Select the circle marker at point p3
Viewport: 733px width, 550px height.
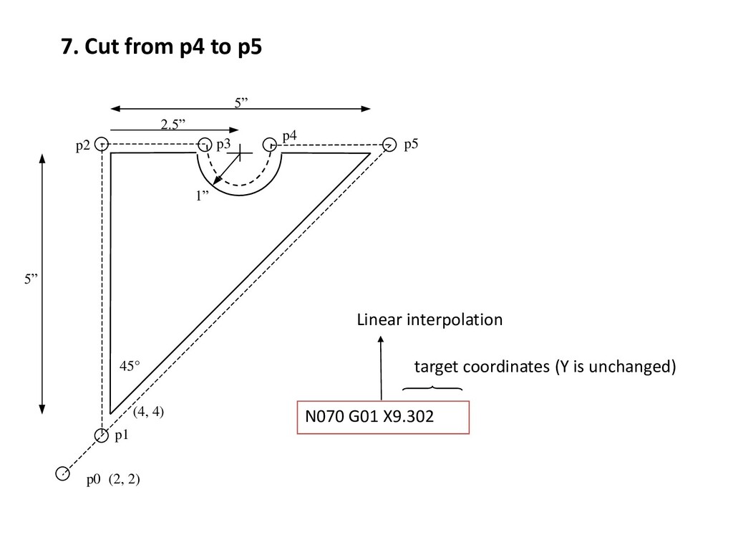205,144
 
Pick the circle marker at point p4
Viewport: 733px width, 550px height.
271,144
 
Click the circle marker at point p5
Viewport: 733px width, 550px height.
389,144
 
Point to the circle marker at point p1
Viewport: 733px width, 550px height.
102,434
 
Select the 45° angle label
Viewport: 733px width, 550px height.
130,365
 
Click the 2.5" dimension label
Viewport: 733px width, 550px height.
172,125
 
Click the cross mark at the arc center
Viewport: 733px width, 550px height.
242,153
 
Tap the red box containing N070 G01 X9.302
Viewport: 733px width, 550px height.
384,417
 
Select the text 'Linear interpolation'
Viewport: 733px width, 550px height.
429,320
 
